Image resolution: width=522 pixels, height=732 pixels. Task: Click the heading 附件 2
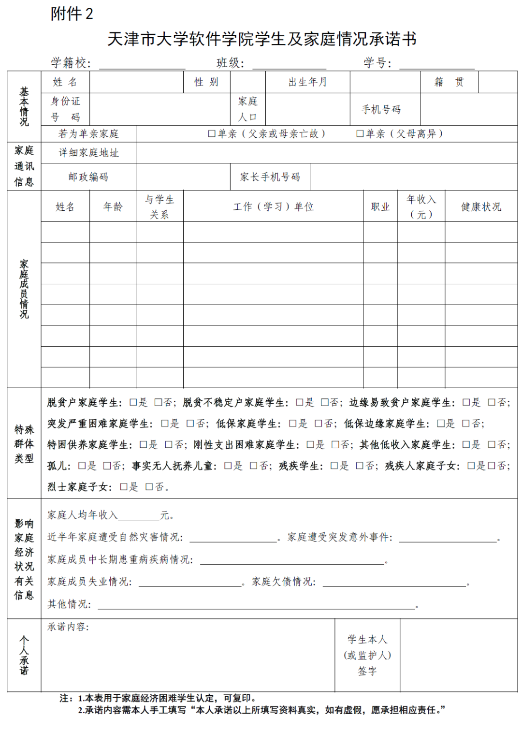click(x=72, y=14)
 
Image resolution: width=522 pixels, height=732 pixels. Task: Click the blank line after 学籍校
click(x=142, y=64)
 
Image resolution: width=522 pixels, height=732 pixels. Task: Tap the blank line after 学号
click(x=436, y=64)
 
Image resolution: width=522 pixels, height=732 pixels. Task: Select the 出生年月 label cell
click(x=307, y=82)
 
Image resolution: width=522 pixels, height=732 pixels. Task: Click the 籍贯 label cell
click(x=449, y=82)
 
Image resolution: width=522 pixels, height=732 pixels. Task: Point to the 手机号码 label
click(x=381, y=110)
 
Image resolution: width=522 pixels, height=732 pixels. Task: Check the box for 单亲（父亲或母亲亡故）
click(x=212, y=134)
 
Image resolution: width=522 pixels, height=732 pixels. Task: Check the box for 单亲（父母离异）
click(x=360, y=134)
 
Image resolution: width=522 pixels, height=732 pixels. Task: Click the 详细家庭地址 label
click(x=88, y=153)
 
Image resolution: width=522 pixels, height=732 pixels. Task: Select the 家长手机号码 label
click(x=270, y=177)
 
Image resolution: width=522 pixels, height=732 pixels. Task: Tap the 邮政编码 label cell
click(x=88, y=177)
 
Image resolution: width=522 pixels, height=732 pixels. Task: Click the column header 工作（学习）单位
click(x=273, y=207)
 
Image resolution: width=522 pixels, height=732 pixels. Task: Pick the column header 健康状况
click(x=481, y=207)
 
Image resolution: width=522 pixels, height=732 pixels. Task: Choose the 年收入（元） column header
click(x=421, y=207)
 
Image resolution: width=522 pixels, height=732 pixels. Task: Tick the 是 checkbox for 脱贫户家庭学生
click(x=133, y=403)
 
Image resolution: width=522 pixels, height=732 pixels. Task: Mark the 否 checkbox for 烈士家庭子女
click(x=149, y=487)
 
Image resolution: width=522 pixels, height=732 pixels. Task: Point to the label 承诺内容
click(x=68, y=627)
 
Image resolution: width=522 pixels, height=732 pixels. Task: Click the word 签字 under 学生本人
click(x=367, y=671)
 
